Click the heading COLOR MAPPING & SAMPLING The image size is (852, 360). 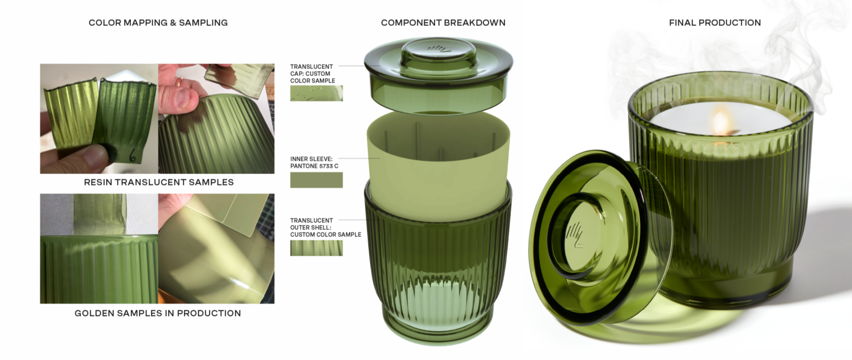point(158,23)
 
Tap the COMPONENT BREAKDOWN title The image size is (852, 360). point(443,23)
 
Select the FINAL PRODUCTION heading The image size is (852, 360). point(715,23)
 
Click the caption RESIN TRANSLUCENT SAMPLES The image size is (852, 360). point(159,182)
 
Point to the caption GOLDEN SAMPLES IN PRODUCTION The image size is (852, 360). point(158,313)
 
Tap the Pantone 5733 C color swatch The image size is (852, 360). point(317,180)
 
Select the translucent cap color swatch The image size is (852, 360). point(317,94)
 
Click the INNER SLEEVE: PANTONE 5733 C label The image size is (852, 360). point(314,163)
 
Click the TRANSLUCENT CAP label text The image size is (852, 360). point(313,74)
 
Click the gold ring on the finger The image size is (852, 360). point(180,81)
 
